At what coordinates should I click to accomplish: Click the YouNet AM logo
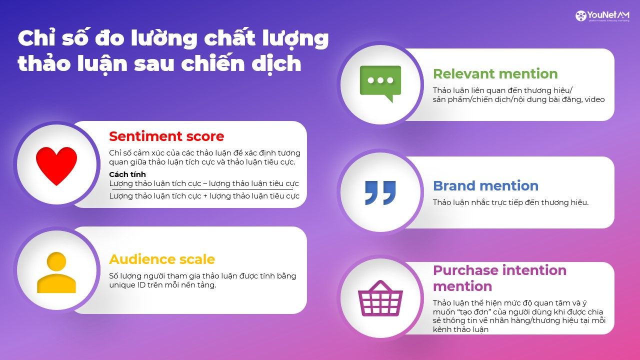point(602,16)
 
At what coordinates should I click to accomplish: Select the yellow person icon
point(56,272)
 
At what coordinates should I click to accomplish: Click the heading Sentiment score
point(166,136)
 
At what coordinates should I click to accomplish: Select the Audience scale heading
point(162,259)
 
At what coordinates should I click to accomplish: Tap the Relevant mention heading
point(495,74)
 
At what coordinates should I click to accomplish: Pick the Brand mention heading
point(485,186)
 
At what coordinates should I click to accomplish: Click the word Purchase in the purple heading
point(464,270)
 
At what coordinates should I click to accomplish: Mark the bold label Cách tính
point(127,174)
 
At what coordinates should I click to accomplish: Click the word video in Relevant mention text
point(594,99)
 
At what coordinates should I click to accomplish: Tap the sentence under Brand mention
point(510,202)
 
